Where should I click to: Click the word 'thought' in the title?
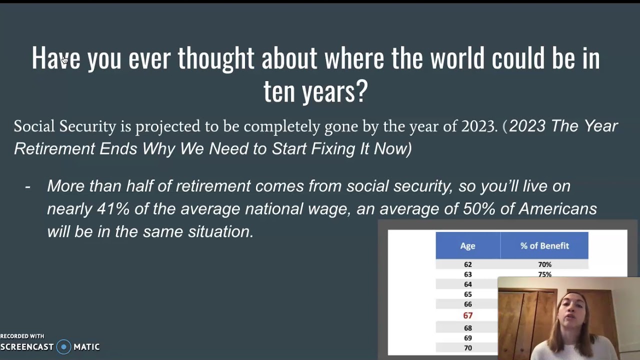pos(215,58)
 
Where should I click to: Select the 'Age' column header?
pos(467,245)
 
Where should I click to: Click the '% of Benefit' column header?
pos(544,245)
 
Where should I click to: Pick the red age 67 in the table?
pos(467,315)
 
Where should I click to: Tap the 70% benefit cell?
pos(544,264)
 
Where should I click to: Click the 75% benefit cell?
pos(544,274)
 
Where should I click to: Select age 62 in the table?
pos(467,264)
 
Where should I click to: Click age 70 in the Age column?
pos(467,348)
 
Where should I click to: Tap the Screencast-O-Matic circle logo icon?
pos(63,346)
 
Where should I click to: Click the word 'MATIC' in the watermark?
pos(86,346)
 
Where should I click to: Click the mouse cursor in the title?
pos(65,60)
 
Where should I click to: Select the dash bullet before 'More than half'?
pos(27,186)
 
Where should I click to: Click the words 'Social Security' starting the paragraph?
pos(64,126)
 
